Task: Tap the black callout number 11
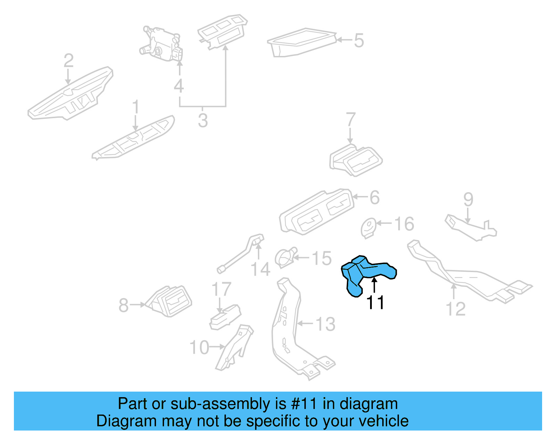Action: pyautogui.click(x=375, y=302)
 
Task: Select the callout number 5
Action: pyautogui.click(x=359, y=41)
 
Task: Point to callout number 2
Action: pyautogui.click(x=68, y=60)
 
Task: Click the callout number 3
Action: pyautogui.click(x=203, y=121)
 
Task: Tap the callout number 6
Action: pyautogui.click(x=374, y=197)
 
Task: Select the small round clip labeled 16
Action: pyautogui.click(x=368, y=228)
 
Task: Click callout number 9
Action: pyautogui.click(x=468, y=199)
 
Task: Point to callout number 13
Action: pyautogui.click(x=325, y=324)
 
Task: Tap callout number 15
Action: pyautogui.click(x=321, y=258)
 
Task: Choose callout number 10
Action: pyautogui.click(x=199, y=347)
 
